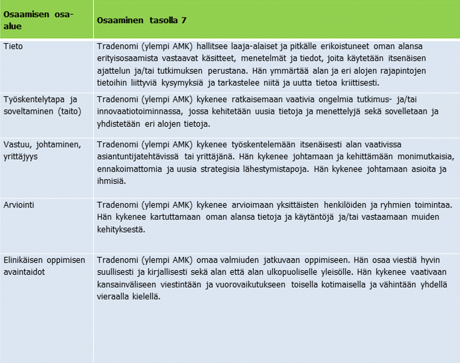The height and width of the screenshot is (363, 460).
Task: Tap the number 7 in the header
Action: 183,20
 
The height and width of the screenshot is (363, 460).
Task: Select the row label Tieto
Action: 13,46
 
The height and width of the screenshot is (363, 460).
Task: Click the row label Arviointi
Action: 19,205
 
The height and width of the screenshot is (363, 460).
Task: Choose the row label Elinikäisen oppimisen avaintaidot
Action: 44,266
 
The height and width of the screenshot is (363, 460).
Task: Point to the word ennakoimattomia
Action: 125,169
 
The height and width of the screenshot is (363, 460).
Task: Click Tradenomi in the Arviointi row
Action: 117,205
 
